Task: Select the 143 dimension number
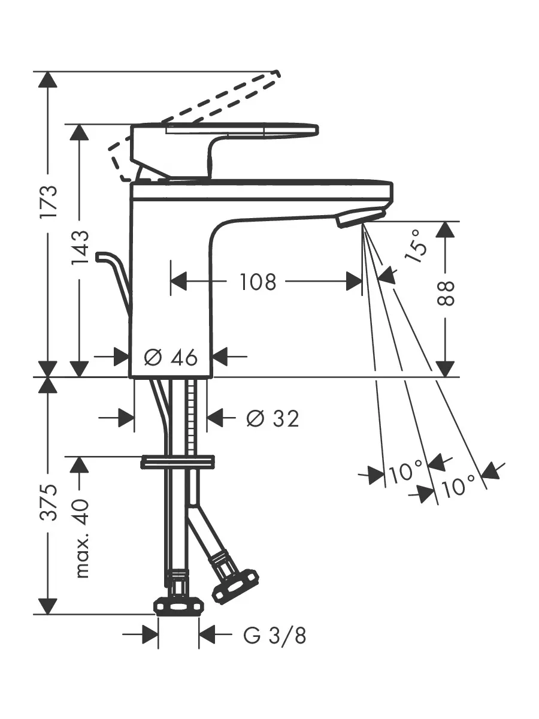click(x=80, y=248)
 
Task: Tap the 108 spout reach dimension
click(x=258, y=282)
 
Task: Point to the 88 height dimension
click(x=446, y=293)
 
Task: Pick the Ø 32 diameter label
click(x=272, y=418)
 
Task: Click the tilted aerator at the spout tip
click(x=361, y=217)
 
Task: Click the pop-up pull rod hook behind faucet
click(x=114, y=279)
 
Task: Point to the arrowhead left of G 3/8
click(x=150, y=634)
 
